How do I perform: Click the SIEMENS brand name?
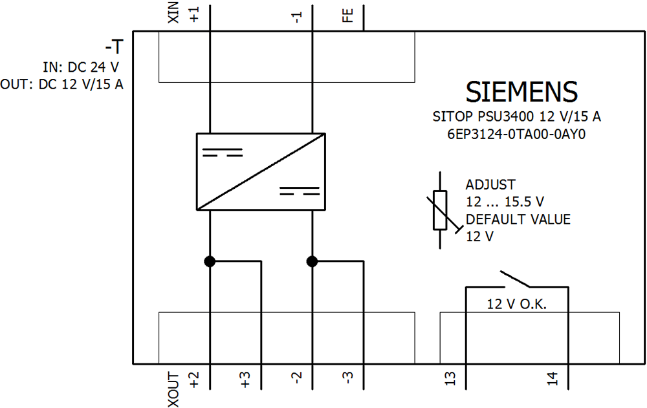(x=521, y=92)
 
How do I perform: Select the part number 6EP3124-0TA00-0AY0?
(x=521, y=135)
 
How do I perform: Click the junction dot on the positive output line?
(x=210, y=261)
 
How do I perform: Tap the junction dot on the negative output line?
(x=313, y=261)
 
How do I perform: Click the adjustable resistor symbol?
(x=441, y=210)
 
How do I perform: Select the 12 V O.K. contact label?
(x=517, y=304)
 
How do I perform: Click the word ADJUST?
(x=490, y=185)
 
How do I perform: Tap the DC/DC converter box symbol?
(x=261, y=171)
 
